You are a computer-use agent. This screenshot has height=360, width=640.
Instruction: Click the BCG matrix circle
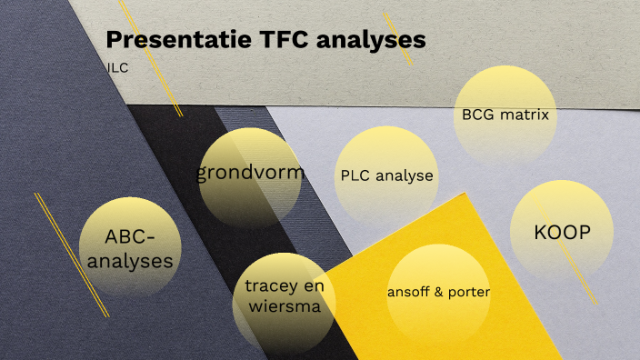pyautogui.click(x=505, y=116)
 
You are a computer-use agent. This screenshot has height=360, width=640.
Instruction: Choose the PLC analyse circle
pyautogui.click(x=386, y=176)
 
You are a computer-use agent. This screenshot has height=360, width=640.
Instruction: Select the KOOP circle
pyautogui.click(x=563, y=233)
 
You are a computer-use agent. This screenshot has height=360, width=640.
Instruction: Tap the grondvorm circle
pyautogui.click(x=250, y=174)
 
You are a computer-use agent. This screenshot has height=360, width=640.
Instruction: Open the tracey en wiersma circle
pyautogui.click(x=284, y=297)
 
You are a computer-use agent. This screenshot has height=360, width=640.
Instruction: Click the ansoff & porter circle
pyautogui.click(x=438, y=293)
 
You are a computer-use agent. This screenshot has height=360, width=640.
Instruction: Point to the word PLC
pyautogui.click(x=355, y=176)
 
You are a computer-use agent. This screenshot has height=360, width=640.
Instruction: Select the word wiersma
pyautogui.click(x=284, y=307)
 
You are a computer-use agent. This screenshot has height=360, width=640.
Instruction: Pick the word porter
pyautogui.click(x=470, y=293)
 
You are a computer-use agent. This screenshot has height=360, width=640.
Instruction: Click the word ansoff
pyautogui.click(x=409, y=293)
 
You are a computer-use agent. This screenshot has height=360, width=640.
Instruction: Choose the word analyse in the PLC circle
pyautogui.click(x=403, y=176)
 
